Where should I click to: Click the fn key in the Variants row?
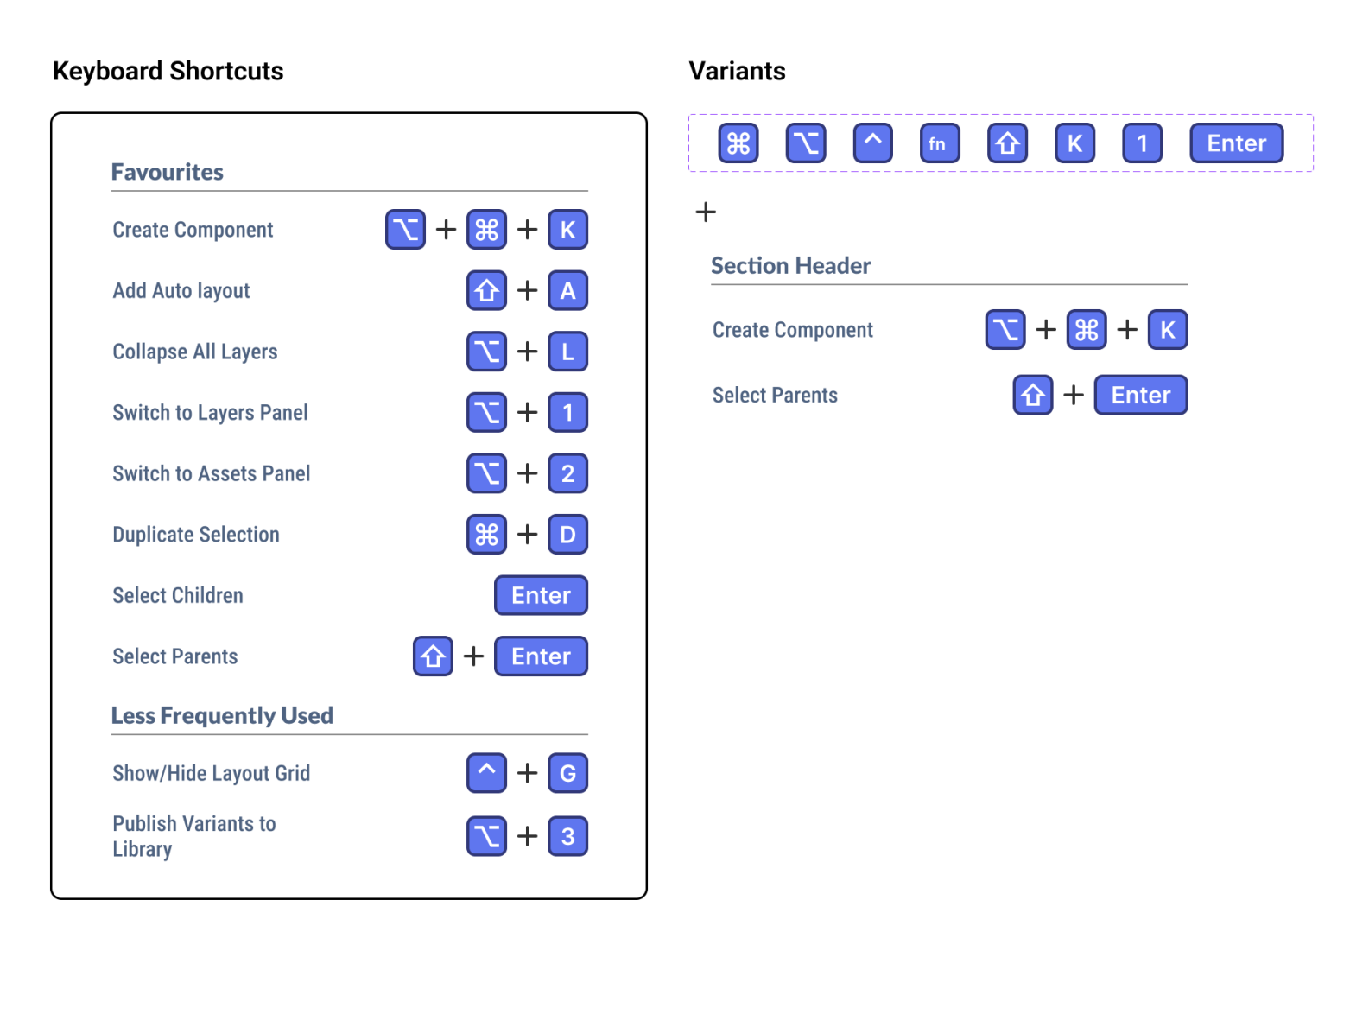[940, 143]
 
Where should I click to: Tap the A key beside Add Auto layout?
[567, 291]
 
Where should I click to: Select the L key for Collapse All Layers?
[567, 352]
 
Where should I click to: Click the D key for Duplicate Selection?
[567, 535]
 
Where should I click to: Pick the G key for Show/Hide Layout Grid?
[567, 773]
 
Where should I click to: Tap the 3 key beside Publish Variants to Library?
[567, 836]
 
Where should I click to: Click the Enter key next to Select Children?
[541, 595]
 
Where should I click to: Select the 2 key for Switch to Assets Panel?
[567, 473]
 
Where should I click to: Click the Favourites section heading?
[168, 172]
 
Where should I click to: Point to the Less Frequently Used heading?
[222, 715]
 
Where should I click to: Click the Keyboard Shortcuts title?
[168, 71]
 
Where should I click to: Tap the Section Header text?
[790, 265]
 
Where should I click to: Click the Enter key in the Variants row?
[1236, 143]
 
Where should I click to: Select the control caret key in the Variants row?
[872, 143]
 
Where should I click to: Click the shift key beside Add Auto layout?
[486, 291]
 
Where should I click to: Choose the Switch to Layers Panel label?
[210, 413]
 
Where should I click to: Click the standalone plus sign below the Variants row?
[706, 212]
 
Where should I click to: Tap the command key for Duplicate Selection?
[486, 535]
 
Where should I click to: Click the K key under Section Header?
[1167, 330]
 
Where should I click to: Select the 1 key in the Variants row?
[1142, 143]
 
